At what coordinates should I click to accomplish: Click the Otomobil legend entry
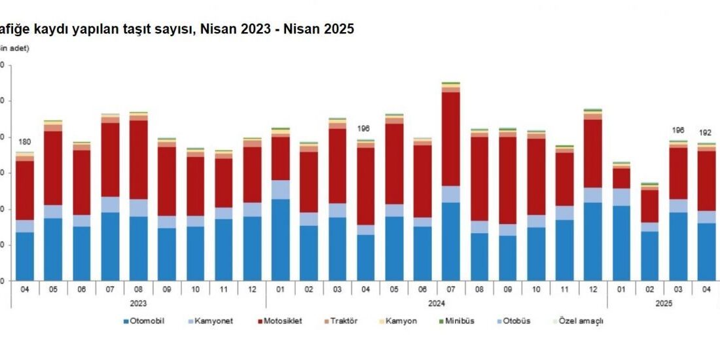point(146,321)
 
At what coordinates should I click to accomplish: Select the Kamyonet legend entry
point(213,321)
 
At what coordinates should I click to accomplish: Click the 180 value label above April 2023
point(25,142)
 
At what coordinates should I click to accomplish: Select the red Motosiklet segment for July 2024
point(450,139)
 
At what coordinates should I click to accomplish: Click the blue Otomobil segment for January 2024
point(280,240)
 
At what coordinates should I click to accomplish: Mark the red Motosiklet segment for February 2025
point(649,206)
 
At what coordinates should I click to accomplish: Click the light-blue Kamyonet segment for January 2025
point(621,197)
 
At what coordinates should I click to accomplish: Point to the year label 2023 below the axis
point(137,303)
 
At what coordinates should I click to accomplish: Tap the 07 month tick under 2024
point(450,289)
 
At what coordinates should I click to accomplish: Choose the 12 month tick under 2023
point(251,289)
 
